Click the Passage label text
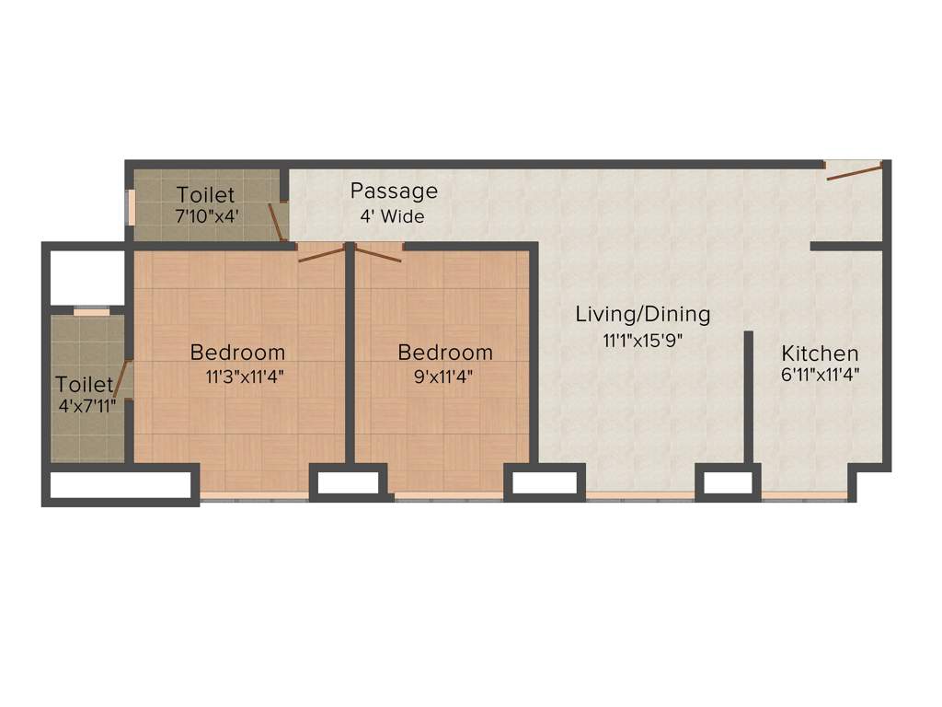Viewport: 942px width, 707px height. (x=394, y=191)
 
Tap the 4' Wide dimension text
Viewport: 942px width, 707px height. (x=393, y=217)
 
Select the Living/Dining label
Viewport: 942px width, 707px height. (x=643, y=314)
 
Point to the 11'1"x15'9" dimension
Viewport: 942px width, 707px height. (x=643, y=340)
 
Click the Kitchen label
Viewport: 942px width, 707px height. (x=820, y=353)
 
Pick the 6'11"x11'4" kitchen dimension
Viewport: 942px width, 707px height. (x=820, y=375)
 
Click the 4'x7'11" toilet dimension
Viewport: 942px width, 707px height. (x=86, y=405)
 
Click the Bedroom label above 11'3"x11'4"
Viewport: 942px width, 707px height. (x=237, y=353)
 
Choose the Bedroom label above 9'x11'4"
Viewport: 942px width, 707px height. (x=444, y=353)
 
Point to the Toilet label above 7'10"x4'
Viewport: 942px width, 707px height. (x=205, y=195)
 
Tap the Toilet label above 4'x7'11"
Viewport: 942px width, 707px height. (x=84, y=384)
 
